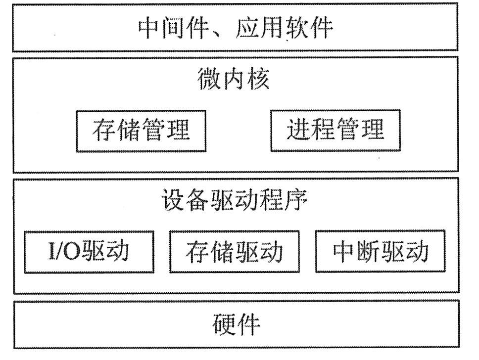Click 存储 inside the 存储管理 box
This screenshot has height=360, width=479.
[x=116, y=130]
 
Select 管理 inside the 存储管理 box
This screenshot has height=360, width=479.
[x=166, y=130]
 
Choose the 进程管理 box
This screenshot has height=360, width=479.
[x=335, y=130]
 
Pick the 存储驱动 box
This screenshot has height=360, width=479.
[x=234, y=251]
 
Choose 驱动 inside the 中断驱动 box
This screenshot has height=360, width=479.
[x=404, y=251]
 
